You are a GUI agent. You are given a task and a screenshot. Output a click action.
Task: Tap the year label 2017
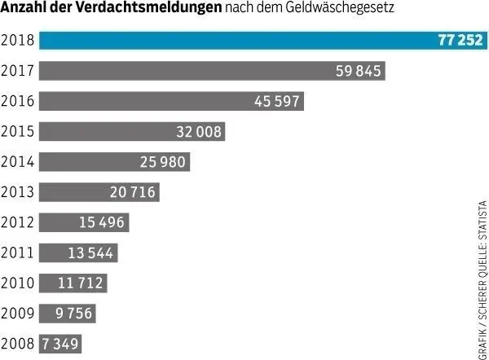coord(17,72)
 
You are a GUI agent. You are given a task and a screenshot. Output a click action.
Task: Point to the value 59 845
coord(359,72)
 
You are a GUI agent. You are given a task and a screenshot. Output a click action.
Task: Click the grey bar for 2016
coord(171,102)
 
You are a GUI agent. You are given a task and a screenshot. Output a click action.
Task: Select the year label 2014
coord(17,162)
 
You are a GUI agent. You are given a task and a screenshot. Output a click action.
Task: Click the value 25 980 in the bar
coord(164,162)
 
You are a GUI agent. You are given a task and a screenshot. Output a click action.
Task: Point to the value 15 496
coord(104,222)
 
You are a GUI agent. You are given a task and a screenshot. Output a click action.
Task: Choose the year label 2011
coord(17,252)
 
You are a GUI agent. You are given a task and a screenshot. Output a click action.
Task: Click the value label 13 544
coord(91,252)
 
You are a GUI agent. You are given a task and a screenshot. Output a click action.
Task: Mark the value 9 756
coord(74,313)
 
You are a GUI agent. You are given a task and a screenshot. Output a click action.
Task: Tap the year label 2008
coord(17,343)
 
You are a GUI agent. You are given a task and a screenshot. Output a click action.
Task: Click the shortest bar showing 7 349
coord(61,343)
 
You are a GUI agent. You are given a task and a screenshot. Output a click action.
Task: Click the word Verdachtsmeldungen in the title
coord(149,11)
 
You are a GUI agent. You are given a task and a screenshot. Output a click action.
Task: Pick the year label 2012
coord(17,222)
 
